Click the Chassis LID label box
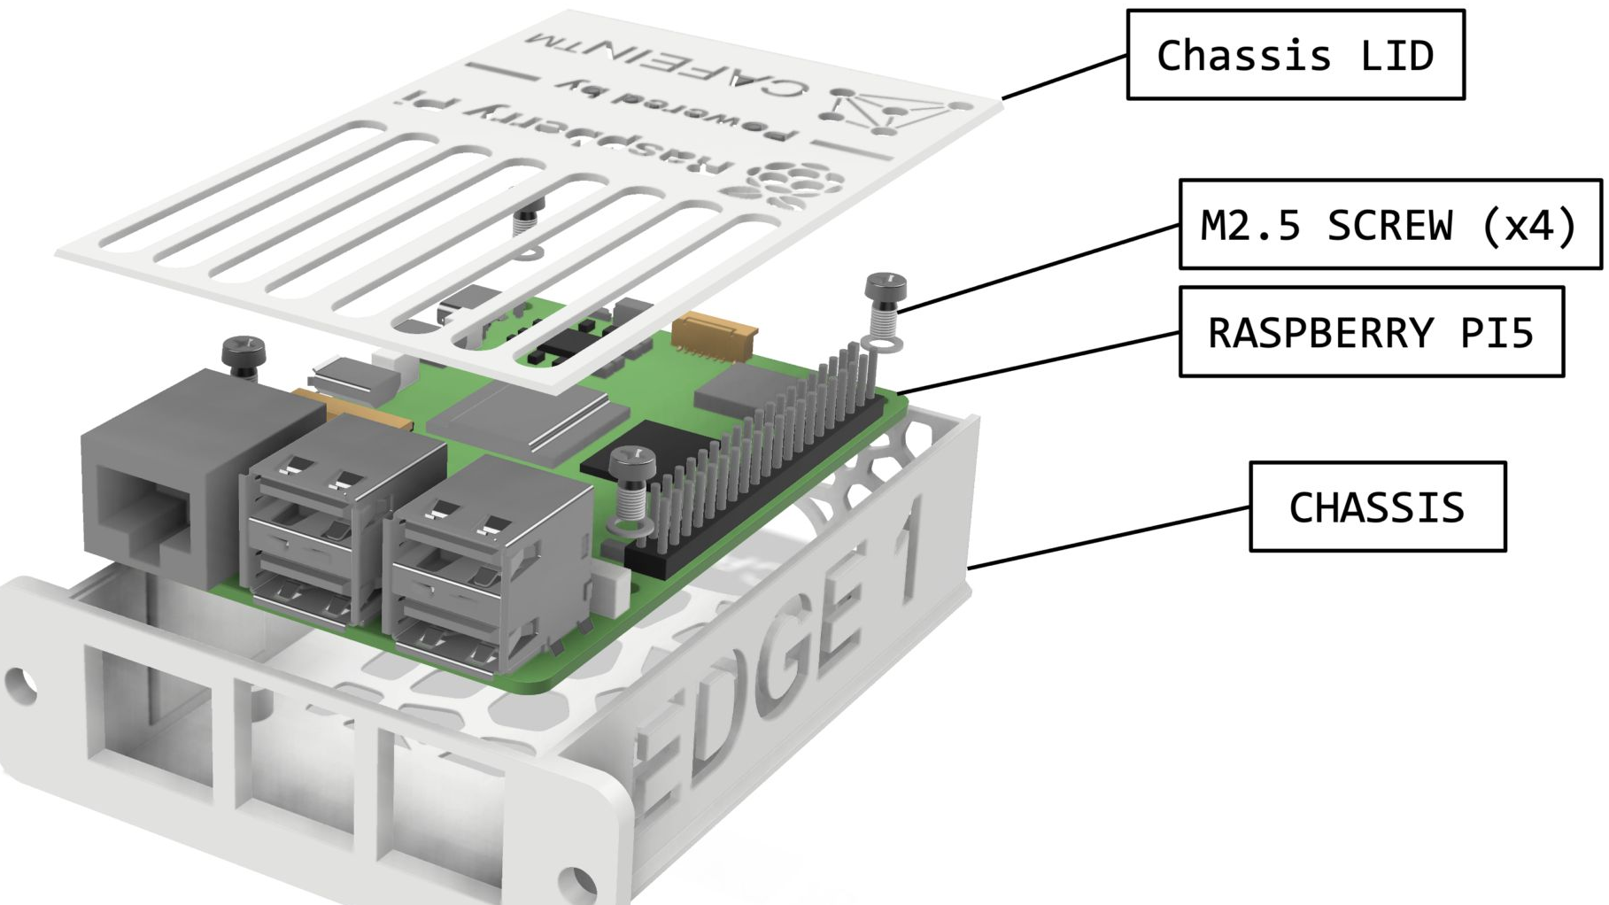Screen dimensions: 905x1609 [x=1295, y=55]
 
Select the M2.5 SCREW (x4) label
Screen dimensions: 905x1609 [x=1389, y=225]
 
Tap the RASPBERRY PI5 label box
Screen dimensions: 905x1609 [x=1371, y=333]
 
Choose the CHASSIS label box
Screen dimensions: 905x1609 [x=1377, y=507]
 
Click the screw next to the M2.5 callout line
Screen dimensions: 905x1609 [x=885, y=301]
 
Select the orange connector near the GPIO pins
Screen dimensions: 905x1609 [x=714, y=336]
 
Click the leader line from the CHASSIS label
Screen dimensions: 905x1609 [x=1107, y=538]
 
